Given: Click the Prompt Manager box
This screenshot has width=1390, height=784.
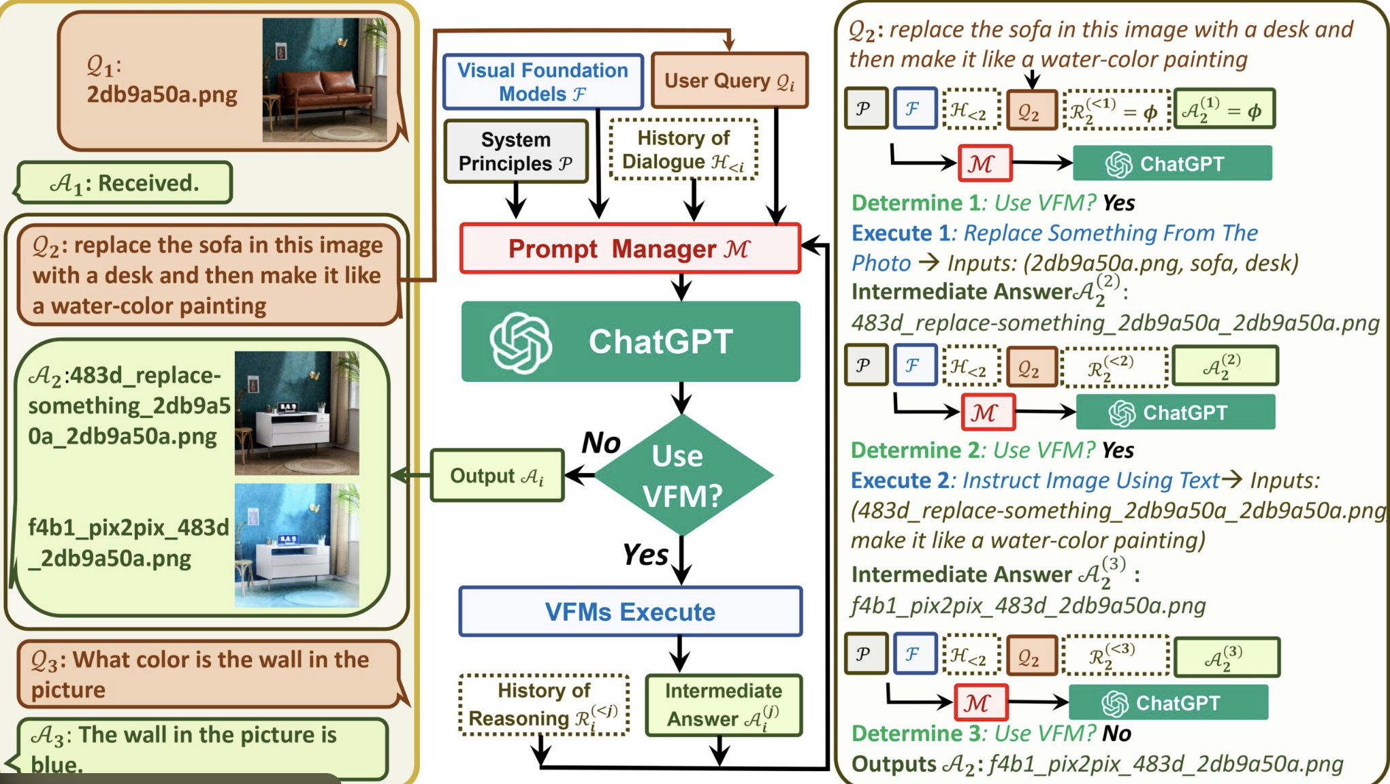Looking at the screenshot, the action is click(x=630, y=248).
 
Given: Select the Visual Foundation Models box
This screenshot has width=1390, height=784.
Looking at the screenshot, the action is click(x=543, y=82).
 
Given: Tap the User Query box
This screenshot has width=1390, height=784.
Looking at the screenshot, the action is click(x=729, y=80).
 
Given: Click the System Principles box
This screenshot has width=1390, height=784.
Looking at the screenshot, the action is click(x=515, y=151).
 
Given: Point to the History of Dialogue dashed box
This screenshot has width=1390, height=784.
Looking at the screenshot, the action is click(x=683, y=149).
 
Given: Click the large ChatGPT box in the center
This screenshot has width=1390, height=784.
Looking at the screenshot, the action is click(x=630, y=342).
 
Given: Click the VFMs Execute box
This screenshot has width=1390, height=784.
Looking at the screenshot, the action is click(x=630, y=612).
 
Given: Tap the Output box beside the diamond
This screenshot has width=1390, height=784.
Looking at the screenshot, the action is click(x=498, y=476).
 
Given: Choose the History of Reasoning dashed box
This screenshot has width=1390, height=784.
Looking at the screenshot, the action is click(x=544, y=705).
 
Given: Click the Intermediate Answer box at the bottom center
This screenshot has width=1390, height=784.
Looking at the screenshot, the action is click(x=724, y=705).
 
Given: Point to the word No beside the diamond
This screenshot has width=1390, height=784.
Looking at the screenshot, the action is click(x=601, y=443).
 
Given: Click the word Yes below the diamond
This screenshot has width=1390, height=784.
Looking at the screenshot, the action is click(x=646, y=555).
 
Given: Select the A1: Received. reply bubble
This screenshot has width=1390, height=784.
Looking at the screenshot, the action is click(x=124, y=182).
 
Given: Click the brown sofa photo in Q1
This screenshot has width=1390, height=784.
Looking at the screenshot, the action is click(x=325, y=80).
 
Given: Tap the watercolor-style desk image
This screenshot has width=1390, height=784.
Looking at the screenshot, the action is click(x=297, y=545).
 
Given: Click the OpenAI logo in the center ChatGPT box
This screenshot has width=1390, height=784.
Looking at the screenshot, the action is click(x=521, y=342).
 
